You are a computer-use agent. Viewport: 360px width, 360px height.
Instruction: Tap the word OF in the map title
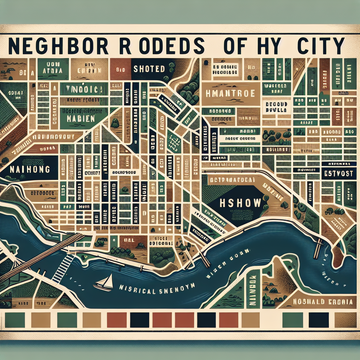point(233,46)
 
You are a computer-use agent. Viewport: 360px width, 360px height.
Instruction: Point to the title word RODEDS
point(158,46)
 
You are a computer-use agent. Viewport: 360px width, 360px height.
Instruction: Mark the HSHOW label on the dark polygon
point(240,203)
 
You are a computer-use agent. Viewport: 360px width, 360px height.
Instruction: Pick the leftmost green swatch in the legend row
point(15,320)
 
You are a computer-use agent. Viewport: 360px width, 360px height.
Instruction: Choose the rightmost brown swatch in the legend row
point(345,320)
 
